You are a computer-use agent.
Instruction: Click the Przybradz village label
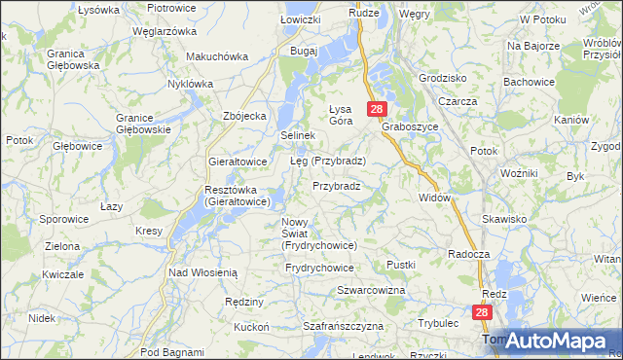point(337,185)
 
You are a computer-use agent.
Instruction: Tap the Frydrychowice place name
point(319,267)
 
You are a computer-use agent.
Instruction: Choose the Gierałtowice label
point(238,161)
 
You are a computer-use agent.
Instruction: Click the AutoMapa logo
point(558,340)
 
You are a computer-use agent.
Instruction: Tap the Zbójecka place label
point(244,116)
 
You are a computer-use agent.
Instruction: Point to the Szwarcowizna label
point(370,291)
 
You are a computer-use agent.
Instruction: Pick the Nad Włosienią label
point(202,273)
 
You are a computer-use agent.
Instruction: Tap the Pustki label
point(401,265)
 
